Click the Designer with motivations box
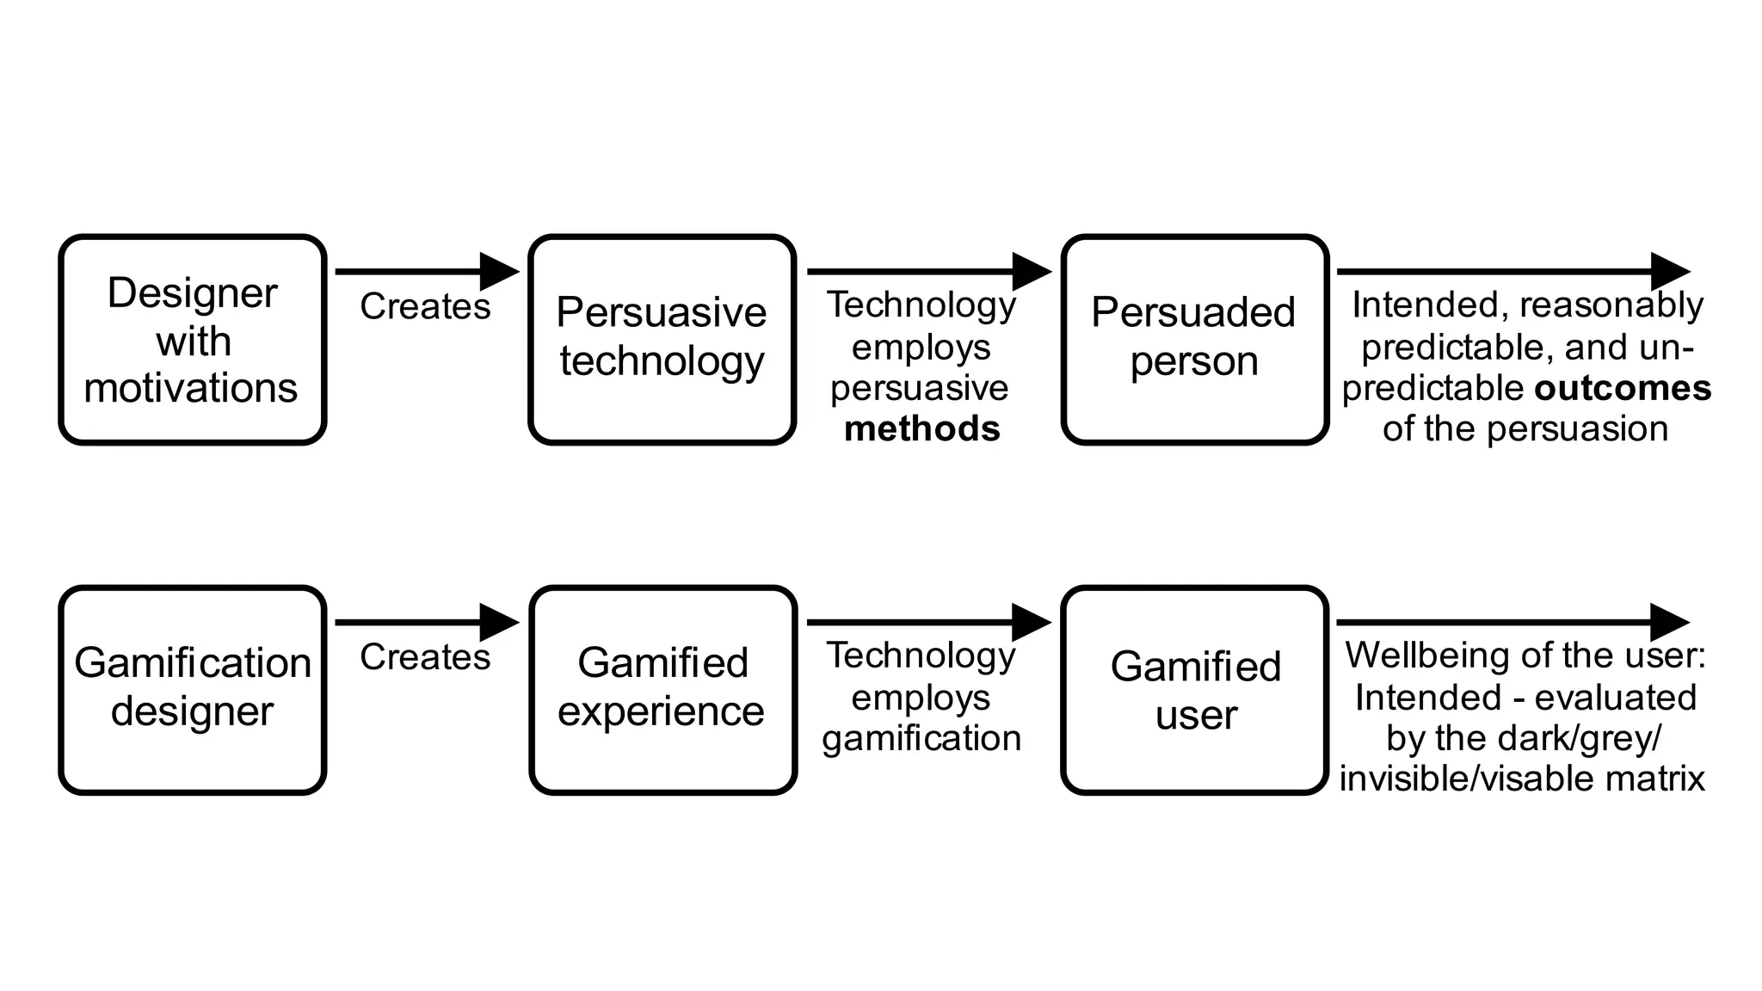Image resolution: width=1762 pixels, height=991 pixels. pyautogui.click(x=192, y=340)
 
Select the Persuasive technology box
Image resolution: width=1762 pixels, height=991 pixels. pyautogui.click(x=662, y=340)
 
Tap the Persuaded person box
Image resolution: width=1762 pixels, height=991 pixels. pyautogui.click(x=1194, y=340)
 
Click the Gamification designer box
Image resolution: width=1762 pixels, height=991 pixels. pyautogui.click(x=192, y=690)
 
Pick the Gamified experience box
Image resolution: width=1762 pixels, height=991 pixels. pyautogui.click(x=662, y=690)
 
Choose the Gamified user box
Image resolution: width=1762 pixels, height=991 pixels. pyautogui.click(x=1195, y=690)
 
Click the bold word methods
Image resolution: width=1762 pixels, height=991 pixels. pyautogui.click(x=922, y=428)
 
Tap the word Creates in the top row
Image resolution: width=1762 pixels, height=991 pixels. pyautogui.click(x=425, y=306)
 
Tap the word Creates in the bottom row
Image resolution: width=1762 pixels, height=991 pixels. pyautogui.click(x=425, y=657)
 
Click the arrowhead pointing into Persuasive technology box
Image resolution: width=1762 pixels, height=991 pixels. pyautogui.click(x=499, y=272)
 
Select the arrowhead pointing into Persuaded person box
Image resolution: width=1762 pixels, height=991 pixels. pyautogui.click(x=1031, y=272)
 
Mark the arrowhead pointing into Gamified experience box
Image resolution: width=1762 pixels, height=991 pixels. pyautogui.click(x=499, y=622)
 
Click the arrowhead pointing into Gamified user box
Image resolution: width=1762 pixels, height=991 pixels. pyautogui.click(x=1031, y=622)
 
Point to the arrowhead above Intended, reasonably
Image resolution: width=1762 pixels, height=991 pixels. pyautogui.click(x=1670, y=272)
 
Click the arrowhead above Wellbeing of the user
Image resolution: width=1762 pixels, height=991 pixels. pyautogui.click(x=1670, y=622)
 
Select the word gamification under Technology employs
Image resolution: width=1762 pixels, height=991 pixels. pyautogui.click(x=921, y=738)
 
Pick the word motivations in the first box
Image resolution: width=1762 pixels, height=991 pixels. pyautogui.click(x=191, y=388)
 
